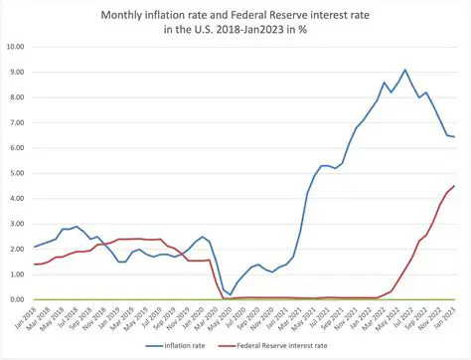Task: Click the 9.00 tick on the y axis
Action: tap(17, 72)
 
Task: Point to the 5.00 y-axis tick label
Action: tap(17, 173)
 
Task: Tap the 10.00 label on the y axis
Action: tap(15, 47)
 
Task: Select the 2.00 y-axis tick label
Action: tap(17, 249)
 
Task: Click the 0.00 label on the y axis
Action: tap(17, 299)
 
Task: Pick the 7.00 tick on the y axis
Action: tap(17, 122)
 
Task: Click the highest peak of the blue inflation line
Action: tap(404, 70)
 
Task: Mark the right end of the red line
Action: tap(455, 186)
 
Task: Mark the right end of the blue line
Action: tap(455, 137)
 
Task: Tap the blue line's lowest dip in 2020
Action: tap(231, 295)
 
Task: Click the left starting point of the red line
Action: tap(35, 264)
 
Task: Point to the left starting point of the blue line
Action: tap(35, 247)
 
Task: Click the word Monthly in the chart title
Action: tap(127, 16)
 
